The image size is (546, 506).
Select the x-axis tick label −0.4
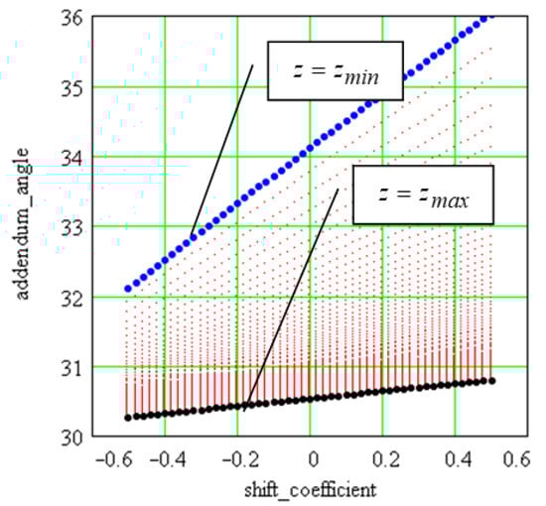(161, 461)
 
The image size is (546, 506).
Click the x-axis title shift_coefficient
(310, 490)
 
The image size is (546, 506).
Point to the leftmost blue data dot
(127, 289)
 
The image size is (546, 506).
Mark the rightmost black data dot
(491, 380)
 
